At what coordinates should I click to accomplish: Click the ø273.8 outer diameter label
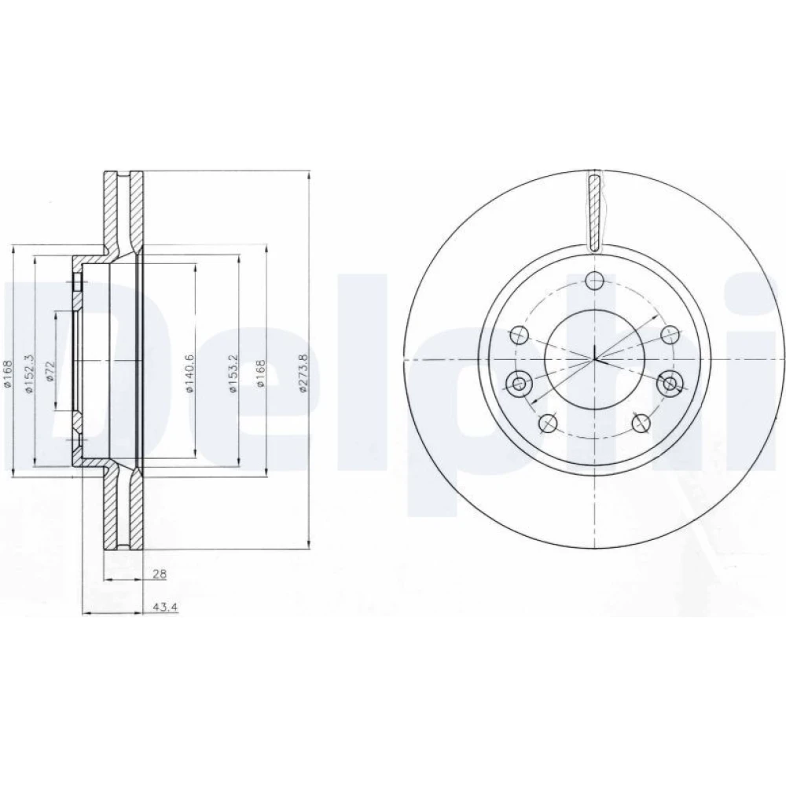(302, 373)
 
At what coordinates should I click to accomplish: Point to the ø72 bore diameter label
(49, 371)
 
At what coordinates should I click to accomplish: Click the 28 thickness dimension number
(160, 574)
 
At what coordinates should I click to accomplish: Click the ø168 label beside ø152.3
(7, 373)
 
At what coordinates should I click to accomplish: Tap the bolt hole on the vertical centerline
(594, 281)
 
